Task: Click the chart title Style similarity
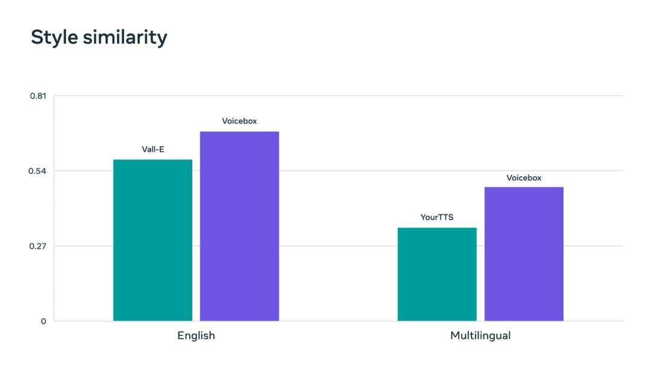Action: point(99,37)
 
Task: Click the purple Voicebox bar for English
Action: point(239,226)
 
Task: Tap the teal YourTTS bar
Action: point(437,274)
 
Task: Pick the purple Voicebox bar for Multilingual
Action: point(524,253)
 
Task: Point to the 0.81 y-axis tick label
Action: point(38,96)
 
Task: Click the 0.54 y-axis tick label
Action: point(38,171)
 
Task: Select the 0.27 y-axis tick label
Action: point(38,246)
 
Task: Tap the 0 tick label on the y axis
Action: point(43,321)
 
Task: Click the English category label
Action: point(196,336)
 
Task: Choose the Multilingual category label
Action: point(480,336)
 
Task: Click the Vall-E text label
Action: point(153,149)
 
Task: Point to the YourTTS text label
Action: point(437,217)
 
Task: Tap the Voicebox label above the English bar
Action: point(239,121)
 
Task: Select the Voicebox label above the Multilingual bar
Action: point(524,178)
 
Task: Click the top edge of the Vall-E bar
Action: point(153,160)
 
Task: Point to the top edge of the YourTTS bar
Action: point(437,228)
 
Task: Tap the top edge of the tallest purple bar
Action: point(239,132)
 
